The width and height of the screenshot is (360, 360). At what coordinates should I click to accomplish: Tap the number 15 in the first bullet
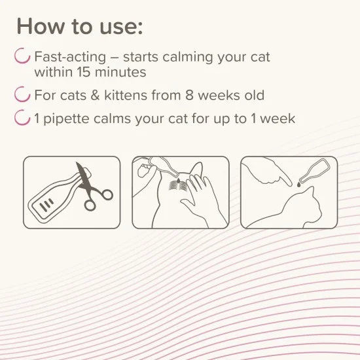pyautogui.click(x=99, y=71)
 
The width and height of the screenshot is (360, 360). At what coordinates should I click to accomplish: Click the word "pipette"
pyautogui.click(x=71, y=118)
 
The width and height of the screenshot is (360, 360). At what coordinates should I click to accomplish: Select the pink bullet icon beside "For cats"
pyautogui.click(x=24, y=95)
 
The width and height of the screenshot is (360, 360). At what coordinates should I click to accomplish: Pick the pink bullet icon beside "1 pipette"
pyautogui.click(x=24, y=118)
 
